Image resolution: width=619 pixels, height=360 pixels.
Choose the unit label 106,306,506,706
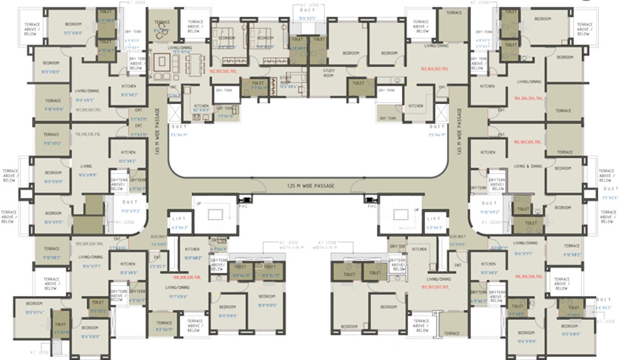[528, 276]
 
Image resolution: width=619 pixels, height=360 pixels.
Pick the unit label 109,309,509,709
[89, 243]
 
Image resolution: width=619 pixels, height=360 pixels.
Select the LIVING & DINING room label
[528, 166]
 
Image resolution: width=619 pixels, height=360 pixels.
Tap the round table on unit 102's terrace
[161, 30]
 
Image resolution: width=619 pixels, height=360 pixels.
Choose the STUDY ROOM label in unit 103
[329, 72]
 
